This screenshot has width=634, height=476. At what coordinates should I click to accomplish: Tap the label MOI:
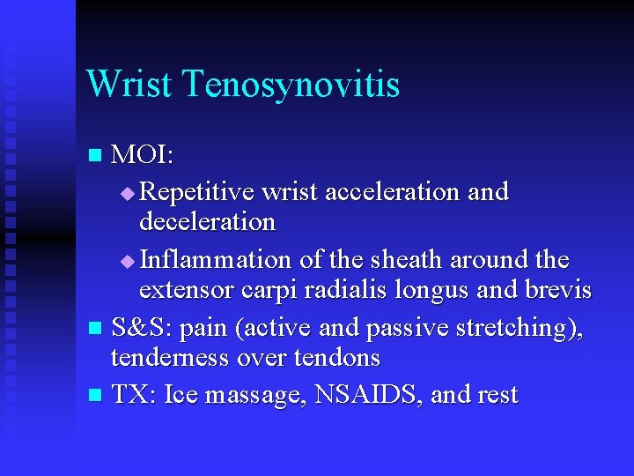pos(143,156)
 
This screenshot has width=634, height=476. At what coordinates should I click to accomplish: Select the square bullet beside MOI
pos(98,157)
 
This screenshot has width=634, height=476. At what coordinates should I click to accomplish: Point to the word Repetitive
pos(195,191)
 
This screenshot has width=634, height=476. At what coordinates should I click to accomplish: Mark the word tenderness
pos(171,358)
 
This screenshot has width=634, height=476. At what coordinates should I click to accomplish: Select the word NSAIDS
pos(361,394)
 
